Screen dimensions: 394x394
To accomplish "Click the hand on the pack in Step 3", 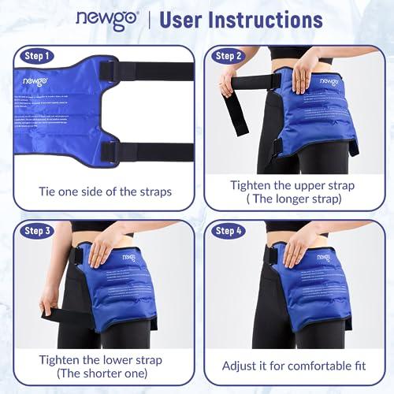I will tap(100, 252).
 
